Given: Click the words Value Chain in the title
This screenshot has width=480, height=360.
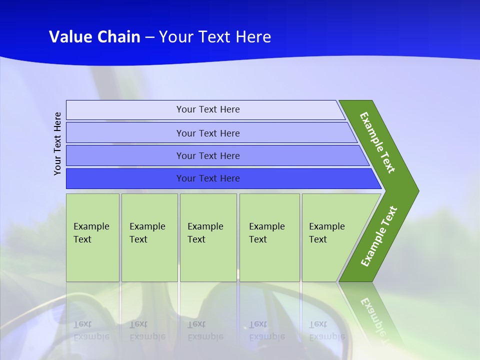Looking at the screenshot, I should [x=94, y=37].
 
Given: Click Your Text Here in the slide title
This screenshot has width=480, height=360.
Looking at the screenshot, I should [x=215, y=37].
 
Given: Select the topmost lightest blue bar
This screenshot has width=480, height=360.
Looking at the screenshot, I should [x=125, y=110].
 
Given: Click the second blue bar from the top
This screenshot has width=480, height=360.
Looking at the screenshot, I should [x=125, y=133].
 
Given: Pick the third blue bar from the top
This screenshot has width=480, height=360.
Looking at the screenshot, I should [x=125, y=155].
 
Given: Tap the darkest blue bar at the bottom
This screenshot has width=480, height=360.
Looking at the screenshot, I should [x=125, y=178].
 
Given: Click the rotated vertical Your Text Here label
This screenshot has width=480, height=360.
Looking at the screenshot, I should [x=58, y=143].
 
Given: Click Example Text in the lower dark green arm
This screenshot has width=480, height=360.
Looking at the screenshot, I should [x=378, y=236].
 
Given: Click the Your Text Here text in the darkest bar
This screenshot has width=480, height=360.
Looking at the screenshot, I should [x=208, y=178].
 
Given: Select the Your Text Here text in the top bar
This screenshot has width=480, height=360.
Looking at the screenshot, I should [x=208, y=109].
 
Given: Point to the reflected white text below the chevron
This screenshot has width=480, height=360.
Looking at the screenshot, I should [x=375, y=320].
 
